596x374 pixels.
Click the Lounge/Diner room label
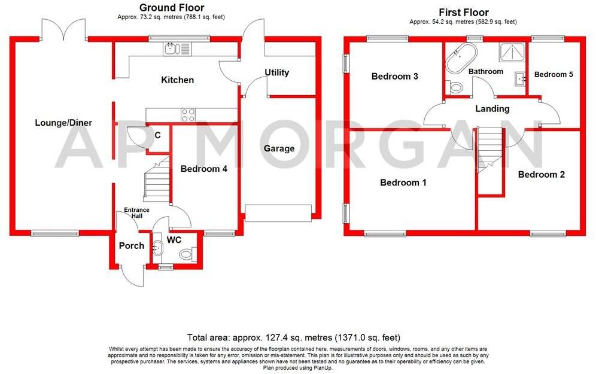pos(63,123)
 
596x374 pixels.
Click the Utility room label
pos(276,72)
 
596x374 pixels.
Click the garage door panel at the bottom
pos(278,212)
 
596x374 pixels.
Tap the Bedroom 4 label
pos(203,169)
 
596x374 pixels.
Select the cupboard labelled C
pos(157,136)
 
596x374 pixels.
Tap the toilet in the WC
pos(187,254)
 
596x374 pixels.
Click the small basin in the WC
pos(158,247)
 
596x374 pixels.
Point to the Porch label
pos(131,245)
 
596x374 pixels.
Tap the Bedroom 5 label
pos(554,74)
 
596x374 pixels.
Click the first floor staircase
pos(490,150)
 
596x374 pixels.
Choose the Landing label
pos(492,108)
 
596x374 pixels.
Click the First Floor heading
pos(463,12)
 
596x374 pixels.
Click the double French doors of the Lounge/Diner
pos(64,30)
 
